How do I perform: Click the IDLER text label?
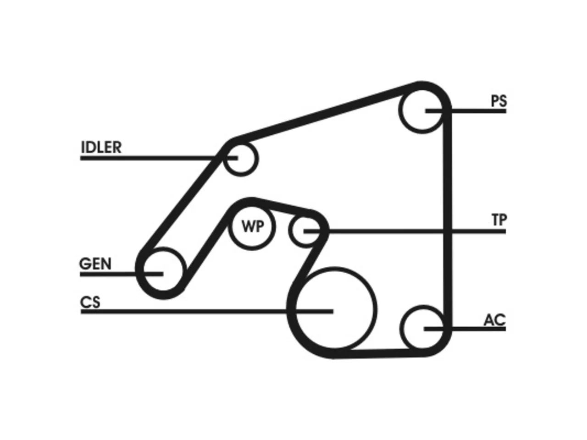point(101,147)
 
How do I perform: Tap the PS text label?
point(499,101)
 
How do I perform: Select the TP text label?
point(499,220)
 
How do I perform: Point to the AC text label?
point(495,320)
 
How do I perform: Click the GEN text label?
point(95,264)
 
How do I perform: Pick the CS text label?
point(90,302)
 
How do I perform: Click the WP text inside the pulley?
point(252,226)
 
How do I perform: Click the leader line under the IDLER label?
point(159,158)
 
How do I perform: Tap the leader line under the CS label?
point(207,311)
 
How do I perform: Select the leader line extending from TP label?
point(405,231)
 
